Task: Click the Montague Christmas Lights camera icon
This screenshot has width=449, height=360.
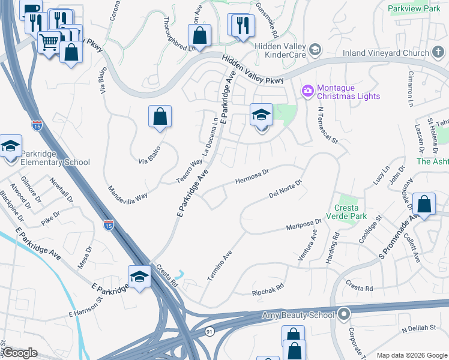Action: pyautogui.click(x=308, y=91)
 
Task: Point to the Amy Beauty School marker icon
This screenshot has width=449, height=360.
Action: pyautogui.click(x=344, y=314)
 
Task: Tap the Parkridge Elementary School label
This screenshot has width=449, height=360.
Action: pyautogui.click(x=55, y=158)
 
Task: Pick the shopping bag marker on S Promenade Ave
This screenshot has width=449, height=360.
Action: pyautogui.click(x=424, y=204)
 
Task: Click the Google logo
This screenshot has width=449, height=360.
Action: pyautogui.click(x=19, y=353)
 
